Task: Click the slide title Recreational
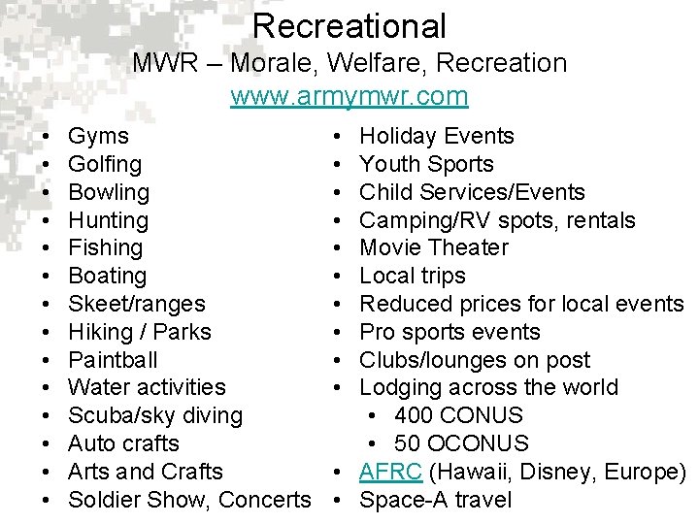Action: point(349,26)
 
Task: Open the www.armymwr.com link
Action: point(349,97)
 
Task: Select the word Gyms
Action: point(99,137)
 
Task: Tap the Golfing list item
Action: point(106,165)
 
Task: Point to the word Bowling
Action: point(110,192)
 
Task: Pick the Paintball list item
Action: point(114,360)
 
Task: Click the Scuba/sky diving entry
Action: point(156,415)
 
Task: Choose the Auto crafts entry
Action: point(124,443)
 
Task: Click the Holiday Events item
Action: point(437,137)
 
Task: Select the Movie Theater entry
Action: point(434,247)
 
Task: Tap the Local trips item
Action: point(413,276)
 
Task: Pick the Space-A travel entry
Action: point(436,500)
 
